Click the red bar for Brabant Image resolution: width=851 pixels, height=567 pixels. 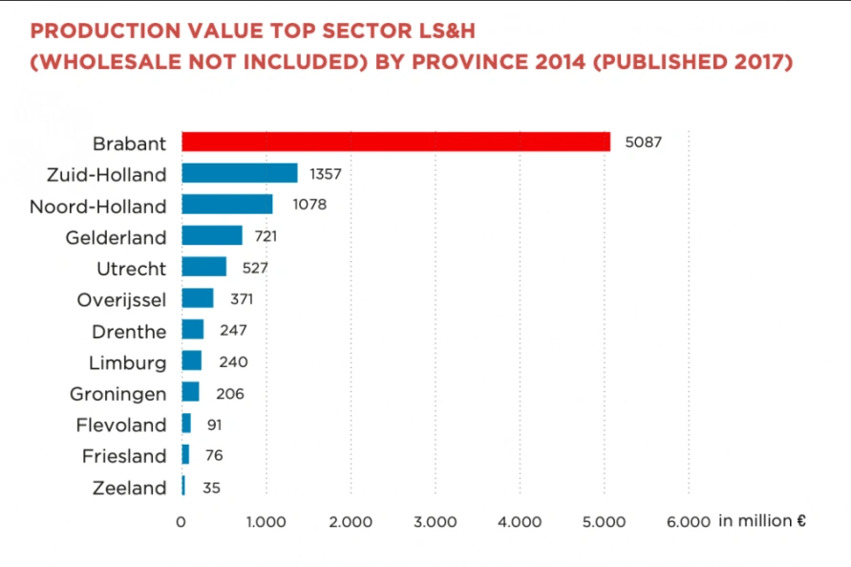click(395, 142)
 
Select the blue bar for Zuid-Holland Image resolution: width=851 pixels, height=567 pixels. click(239, 173)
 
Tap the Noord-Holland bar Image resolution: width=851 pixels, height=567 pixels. click(226, 205)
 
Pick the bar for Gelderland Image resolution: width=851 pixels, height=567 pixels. click(211, 235)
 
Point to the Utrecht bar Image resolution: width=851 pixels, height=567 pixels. click(203, 267)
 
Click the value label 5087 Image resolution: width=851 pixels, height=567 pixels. click(643, 142)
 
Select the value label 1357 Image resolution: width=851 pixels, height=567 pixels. click(326, 174)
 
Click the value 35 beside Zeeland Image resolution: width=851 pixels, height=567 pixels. click(211, 488)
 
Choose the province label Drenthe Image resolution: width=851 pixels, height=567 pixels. click(129, 332)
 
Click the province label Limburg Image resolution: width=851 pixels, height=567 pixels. click(127, 363)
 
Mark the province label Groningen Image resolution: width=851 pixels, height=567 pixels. click(117, 394)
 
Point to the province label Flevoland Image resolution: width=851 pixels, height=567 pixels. click(120, 425)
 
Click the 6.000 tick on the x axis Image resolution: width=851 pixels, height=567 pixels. click(688, 522)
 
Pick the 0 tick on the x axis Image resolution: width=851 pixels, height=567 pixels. click(181, 522)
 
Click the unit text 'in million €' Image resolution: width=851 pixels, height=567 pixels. click(762, 521)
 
